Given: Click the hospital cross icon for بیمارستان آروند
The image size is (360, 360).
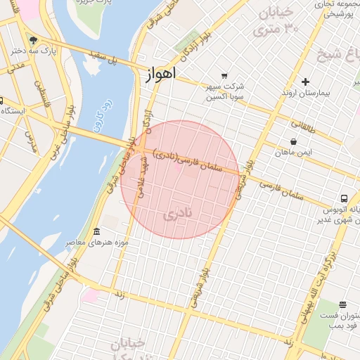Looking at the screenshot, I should [x=304, y=82].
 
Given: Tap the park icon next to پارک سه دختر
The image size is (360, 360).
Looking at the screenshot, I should [x=32, y=39].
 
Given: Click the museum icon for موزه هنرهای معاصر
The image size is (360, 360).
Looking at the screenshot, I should [x=96, y=232].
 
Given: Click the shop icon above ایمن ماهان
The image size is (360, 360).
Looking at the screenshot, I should [x=293, y=141].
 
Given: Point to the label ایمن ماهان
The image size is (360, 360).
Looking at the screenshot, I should [x=293, y=152].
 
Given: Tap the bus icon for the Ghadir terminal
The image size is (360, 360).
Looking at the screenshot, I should [x=345, y=198].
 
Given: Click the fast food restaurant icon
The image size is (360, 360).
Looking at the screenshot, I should [x=342, y=304].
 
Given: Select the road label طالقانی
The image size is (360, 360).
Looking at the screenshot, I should [x=304, y=127].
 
